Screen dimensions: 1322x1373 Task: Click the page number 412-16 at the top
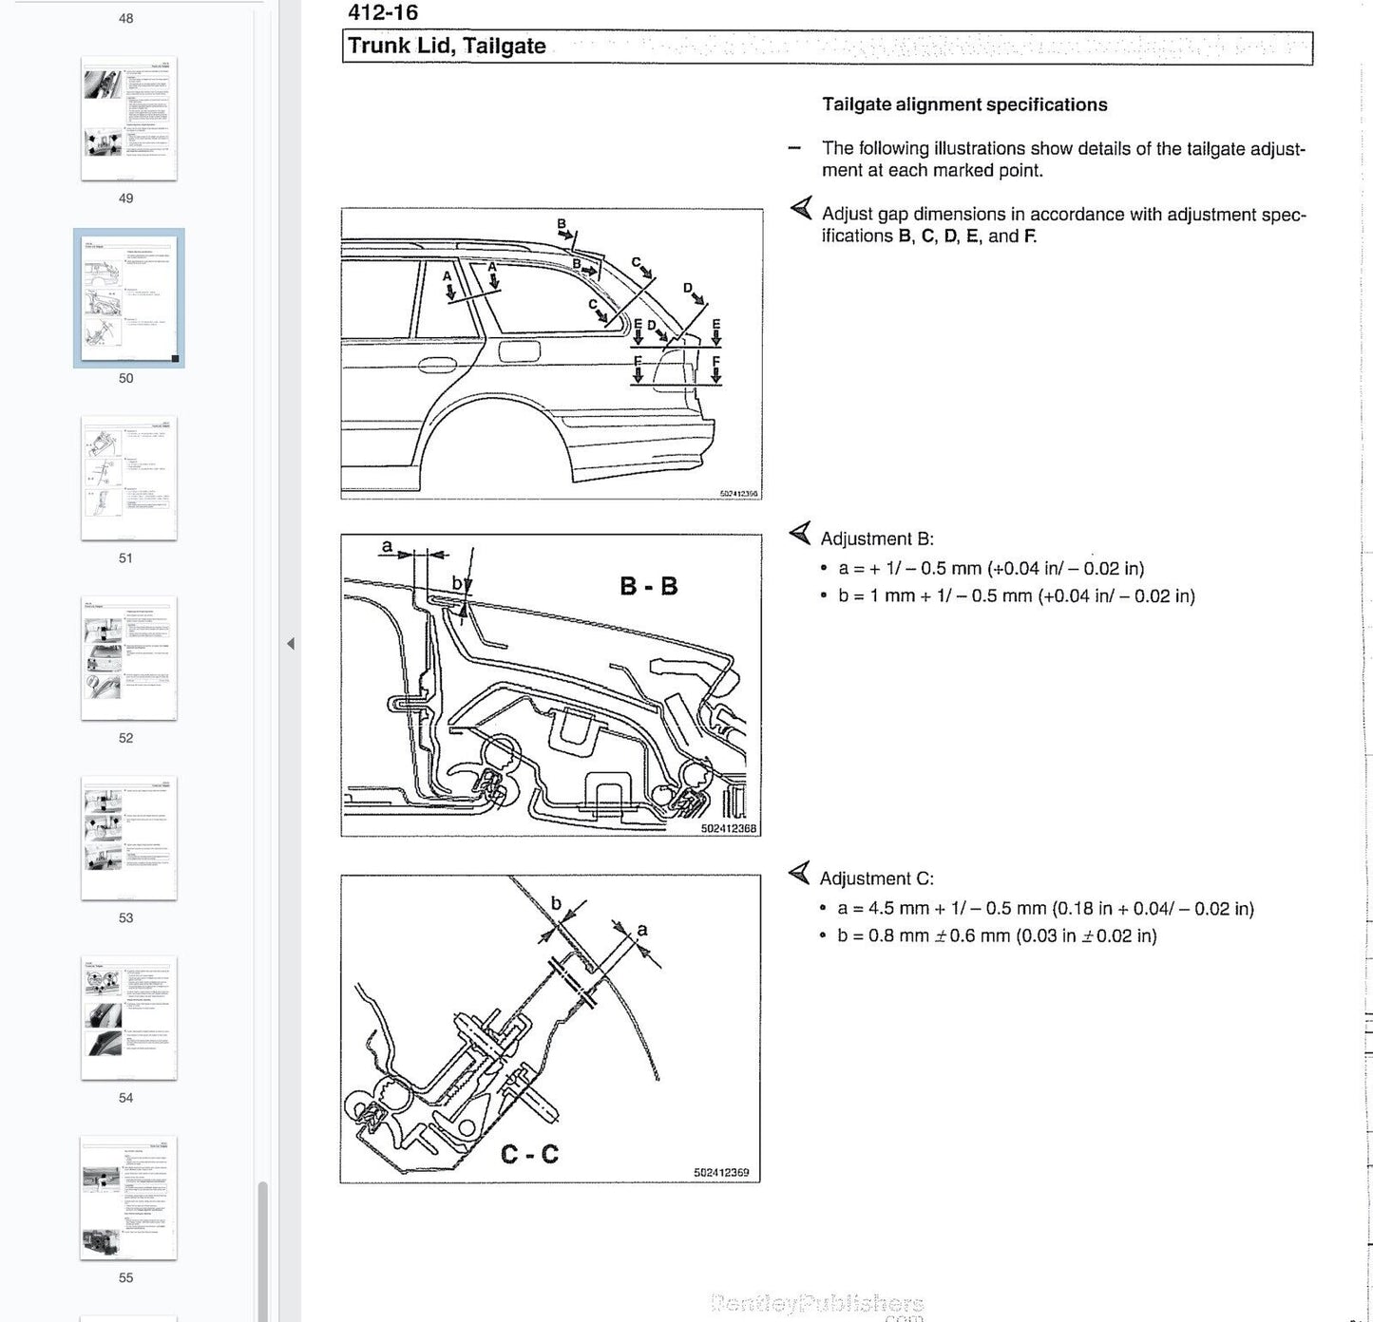(383, 12)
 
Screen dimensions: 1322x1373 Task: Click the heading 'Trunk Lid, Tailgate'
(447, 47)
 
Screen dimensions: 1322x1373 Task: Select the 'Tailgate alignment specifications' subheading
(964, 104)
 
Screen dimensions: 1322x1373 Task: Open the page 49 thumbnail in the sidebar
(128, 119)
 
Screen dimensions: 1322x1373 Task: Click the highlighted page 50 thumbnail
(128, 298)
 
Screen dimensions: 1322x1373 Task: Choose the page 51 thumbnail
(128, 478)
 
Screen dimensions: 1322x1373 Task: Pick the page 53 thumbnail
(128, 838)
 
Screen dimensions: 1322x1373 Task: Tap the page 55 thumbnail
(128, 1198)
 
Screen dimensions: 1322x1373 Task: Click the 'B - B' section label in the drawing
(649, 586)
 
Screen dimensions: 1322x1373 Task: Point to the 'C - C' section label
(529, 1154)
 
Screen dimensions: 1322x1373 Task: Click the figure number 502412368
(729, 829)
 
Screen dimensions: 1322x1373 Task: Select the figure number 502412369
(721, 1173)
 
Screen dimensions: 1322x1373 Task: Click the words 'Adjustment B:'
(877, 538)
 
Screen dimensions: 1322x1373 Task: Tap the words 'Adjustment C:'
(877, 878)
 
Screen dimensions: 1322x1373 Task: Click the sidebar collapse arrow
(291, 644)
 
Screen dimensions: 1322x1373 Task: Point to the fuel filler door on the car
(519, 350)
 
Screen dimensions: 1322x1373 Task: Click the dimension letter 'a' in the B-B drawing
(387, 546)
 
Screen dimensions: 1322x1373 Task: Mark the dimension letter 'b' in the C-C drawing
(557, 903)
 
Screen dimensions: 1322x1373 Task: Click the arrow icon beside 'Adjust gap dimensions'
(801, 208)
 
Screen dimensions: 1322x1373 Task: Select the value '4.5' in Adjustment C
(882, 908)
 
